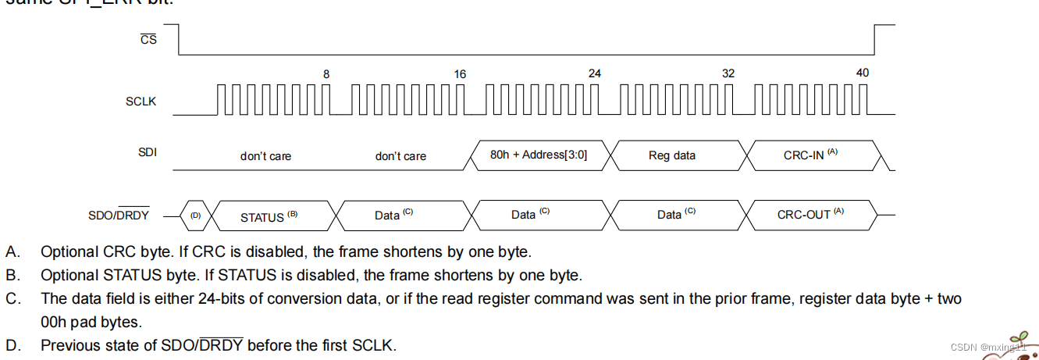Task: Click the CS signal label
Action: [x=148, y=39]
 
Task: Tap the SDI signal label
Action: [x=148, y=152]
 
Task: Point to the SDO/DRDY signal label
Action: [x=119, y=216]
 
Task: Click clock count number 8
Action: [x=326, y=74]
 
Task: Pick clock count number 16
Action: [x=460, y=74]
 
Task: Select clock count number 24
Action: [x=595, y=74]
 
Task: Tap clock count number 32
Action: [x=728, y=74]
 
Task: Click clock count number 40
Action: [x=862, y=73]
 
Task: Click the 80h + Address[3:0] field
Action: [x=539, y=155]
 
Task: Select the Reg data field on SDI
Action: [x=671, y=155]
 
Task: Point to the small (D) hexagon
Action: [x=195, y=215]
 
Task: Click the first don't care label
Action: [x=265, y=156]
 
